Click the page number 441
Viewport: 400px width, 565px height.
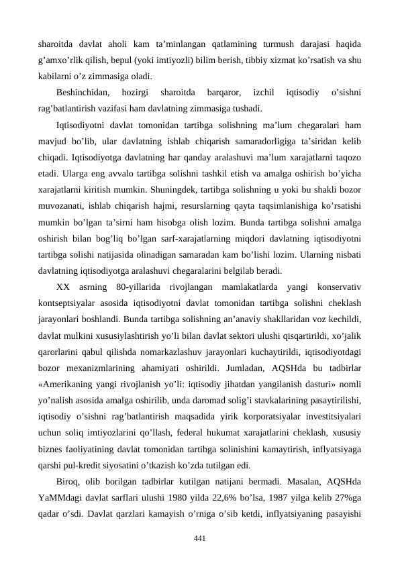pos(199,538)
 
